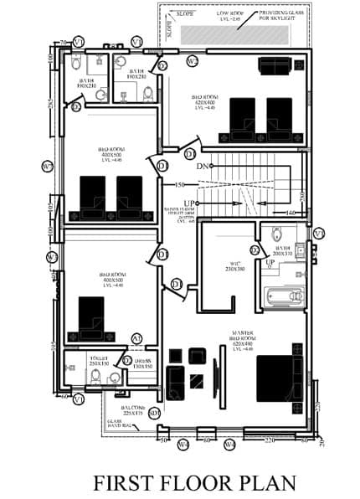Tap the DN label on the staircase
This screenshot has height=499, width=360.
tap(202, 167)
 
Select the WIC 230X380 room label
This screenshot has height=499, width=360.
tap(234, 267)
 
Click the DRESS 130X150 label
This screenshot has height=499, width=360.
tap(141, 363)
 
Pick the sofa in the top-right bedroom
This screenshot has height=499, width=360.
tap(275, 66)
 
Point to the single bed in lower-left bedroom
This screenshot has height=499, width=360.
tap(90, 316)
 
